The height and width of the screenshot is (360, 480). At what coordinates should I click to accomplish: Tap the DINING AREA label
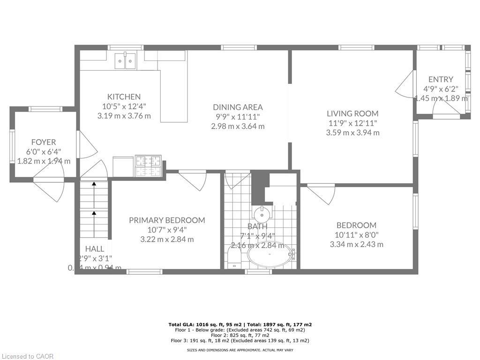[238, 107]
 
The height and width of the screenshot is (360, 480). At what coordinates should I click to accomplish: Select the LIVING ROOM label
[352, 113]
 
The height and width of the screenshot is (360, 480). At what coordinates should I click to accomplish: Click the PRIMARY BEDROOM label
[167, 220]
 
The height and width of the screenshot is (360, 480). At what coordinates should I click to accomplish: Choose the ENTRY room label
[441, 79]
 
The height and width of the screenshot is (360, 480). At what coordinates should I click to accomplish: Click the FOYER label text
[44, 142]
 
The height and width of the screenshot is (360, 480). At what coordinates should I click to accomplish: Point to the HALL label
[95, 249]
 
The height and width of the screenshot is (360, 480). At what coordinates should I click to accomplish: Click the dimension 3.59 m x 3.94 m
[352, 133]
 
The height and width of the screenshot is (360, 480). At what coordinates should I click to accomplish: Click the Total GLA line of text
[240, 324]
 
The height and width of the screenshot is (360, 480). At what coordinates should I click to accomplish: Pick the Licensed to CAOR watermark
[28, 356]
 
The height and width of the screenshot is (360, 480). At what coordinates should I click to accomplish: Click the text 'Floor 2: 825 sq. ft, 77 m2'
[240, 335]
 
